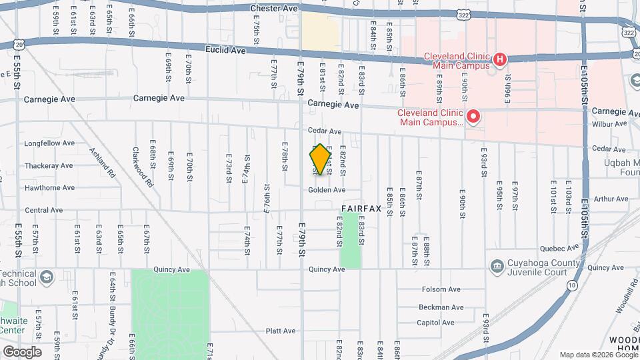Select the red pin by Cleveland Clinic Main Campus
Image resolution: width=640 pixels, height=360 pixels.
(x=473, y=118)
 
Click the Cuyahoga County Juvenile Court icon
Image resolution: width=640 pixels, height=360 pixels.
(x=497, y=267)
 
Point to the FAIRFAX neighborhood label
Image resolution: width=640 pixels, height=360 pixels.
(x=361, y=209)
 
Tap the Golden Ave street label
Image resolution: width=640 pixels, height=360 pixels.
(x=327, y=190)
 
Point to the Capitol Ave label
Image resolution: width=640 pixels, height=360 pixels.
(x=436, y=323)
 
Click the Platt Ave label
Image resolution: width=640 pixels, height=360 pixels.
(x=280, y=331)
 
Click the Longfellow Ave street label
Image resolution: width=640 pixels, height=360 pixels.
(x=49, y=143)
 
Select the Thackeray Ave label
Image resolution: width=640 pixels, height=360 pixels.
(x=48, y=165)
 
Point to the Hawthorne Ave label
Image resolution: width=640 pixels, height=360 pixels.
(x=49, y=188)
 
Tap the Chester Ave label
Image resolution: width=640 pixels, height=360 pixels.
(x=273, y=9)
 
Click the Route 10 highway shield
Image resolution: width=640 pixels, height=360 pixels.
(x=572, y=285)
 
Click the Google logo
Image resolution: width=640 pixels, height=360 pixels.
(x=22, y=351)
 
